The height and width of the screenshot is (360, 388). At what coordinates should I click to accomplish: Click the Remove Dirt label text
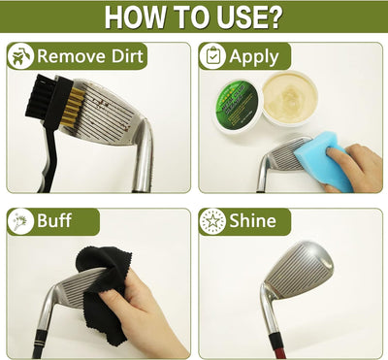click(90, 56)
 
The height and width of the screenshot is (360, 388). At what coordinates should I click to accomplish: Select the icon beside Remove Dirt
click(20, 56)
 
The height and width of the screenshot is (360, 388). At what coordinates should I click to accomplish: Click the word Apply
click(254, 56)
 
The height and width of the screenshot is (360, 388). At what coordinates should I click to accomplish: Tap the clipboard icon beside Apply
click(213, 56)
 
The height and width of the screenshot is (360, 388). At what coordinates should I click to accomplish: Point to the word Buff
click(54, 221)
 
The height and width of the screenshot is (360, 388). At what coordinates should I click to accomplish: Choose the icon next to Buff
click(20, 221)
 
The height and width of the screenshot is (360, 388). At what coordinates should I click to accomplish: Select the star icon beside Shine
click(213, 221)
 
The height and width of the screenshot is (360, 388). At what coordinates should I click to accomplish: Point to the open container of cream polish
click(289, 98)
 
